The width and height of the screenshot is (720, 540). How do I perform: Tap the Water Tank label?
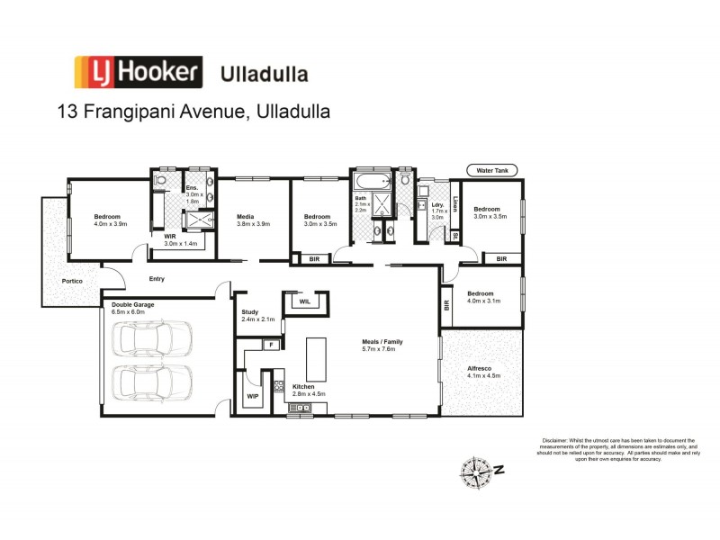click(492, 170)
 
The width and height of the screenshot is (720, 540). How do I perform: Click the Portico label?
click(73, 282)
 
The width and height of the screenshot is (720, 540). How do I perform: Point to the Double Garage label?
click(133, 305)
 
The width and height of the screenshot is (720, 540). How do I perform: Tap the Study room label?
click(250, 312)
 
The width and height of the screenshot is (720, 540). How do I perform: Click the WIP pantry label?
click(254, 395)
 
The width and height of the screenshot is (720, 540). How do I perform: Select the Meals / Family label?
click(382, 343)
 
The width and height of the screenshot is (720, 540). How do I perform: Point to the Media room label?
click(245, 217)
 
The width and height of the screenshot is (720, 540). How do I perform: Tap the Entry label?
click(157, 279)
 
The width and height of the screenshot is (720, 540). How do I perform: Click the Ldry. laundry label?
click(437, 205)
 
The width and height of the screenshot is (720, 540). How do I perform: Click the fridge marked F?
click(269, 345)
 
